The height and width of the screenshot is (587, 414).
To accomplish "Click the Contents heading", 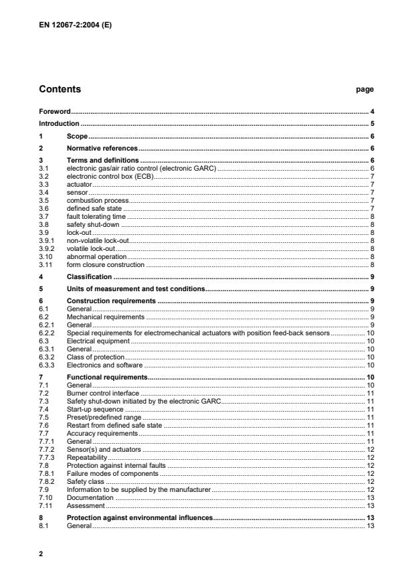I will point(60,89).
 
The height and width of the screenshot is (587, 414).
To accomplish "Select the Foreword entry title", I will point(55,111).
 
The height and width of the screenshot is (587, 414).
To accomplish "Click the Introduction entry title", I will point(59,124).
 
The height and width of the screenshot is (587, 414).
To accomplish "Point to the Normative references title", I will point(102,148).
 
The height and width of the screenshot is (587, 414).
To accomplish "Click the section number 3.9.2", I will point(46,248).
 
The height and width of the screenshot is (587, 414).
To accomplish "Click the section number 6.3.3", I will point(46,365).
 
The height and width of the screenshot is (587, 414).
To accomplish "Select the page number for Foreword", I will point(372,111).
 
